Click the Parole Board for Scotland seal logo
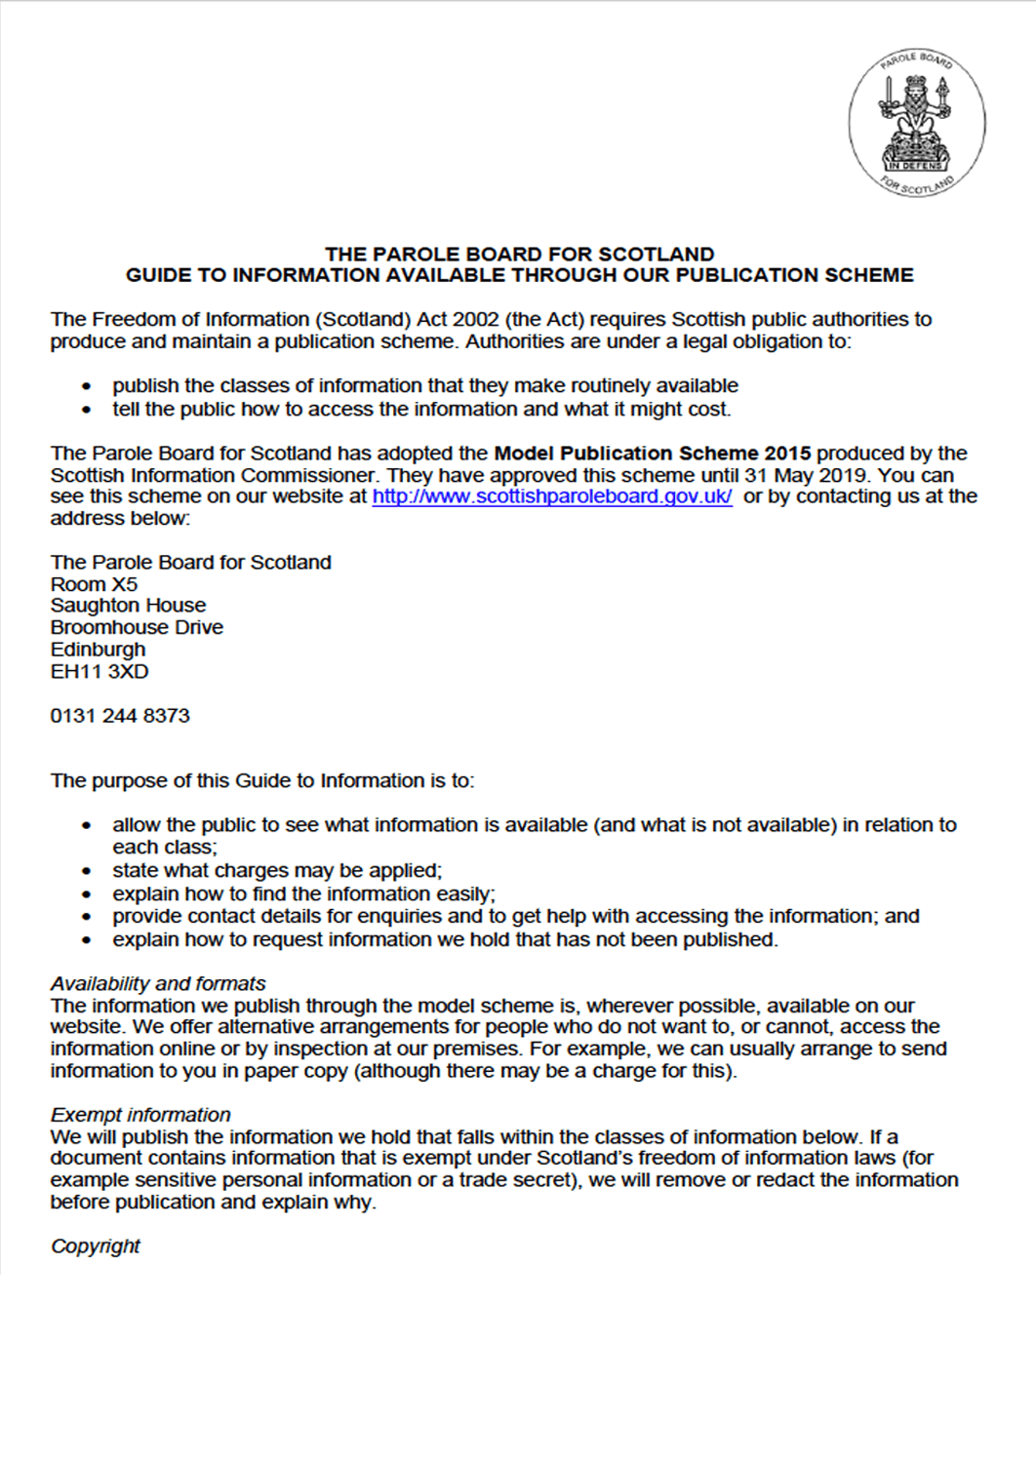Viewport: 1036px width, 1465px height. tap(916, 123)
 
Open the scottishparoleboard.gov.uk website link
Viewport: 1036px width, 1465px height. tap(552, 496)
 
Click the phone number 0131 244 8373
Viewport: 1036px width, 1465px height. tap(120, 716)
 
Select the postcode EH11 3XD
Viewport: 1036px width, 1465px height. tap(100, 672)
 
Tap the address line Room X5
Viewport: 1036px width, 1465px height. tap(94, 584)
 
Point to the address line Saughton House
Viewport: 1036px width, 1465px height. tap(128, 606)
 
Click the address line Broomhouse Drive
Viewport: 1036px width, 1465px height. tap(137, 627)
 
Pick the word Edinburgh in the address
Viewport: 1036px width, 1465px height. tap(98, 650)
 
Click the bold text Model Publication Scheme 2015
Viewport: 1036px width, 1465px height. tap(653, 454)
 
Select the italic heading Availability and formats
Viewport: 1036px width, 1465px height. tap(158, 983)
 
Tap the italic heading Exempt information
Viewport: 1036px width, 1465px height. tap(140, 1115)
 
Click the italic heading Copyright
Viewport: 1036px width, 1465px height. tap(96, 1247)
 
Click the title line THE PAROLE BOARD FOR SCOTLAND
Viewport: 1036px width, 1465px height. tap(519, 255)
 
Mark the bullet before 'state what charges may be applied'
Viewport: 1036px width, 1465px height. tap(87, 871)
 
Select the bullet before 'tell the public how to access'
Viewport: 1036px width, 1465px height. tap(87, 410)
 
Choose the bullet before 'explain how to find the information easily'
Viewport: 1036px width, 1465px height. tap(87, 894)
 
